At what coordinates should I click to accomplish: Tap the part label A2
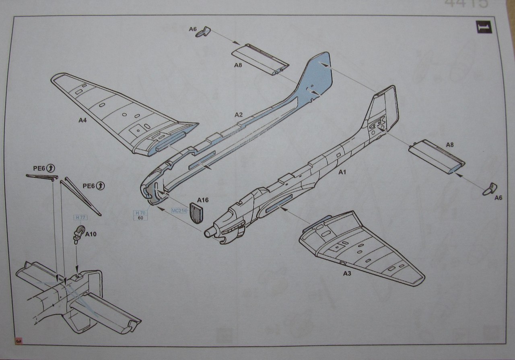(239, 115)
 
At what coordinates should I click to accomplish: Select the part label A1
(342, 172)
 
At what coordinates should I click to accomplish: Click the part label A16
(203, 199)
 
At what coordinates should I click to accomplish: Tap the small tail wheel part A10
(78, 234)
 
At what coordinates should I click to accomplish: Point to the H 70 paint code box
(140, 215)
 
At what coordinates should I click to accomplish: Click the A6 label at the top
(193, 29)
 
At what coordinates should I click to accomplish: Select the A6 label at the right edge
(498, 198)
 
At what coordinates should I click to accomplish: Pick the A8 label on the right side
(450, 144)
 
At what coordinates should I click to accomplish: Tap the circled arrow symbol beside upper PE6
(51, 167)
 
